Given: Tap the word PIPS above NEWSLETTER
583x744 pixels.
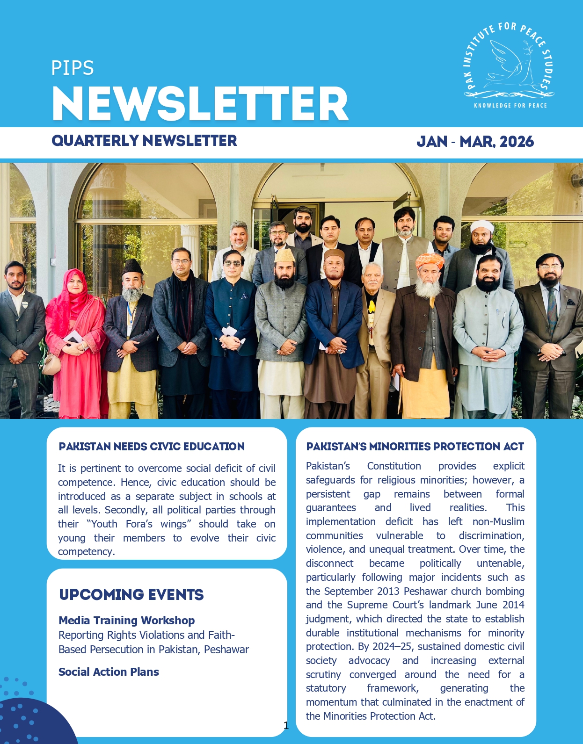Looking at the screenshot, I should pyautogui.click(x=73, y=68).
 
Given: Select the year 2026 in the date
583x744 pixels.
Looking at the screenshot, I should pyautogui.click(x=517, y=142).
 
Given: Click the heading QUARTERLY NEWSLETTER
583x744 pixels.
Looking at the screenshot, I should pyautogui.click(x=144, y=141).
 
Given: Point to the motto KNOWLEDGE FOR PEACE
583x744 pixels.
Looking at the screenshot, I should pyautogui.click(x=510, y=106).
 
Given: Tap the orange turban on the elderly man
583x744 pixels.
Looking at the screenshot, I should pyautogui.click(x=429, y=260).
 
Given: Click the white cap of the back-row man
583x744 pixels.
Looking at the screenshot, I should pyautogui.click(x=481, y=227).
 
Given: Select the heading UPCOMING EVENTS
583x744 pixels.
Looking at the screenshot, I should pyautogui.click(x=131, y=595).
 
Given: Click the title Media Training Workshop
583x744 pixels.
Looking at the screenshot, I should pyautogui.click(x=126, y=621).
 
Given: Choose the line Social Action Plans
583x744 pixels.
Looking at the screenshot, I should pyautogui.click(x=109, y=672).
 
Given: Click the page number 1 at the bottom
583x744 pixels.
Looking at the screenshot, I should pyautogui.click(x=286, y=725).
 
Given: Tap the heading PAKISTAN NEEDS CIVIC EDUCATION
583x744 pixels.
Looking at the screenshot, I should pyautogui.click(x=152, y=447).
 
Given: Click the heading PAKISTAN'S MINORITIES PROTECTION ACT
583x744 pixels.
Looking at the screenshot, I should pyautogui.click(x=415, y=447).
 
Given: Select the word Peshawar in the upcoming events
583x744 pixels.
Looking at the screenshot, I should pyautogui.click(x=226, y=650).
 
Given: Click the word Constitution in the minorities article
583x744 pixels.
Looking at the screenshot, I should pyautogui.click(x=394, y=466).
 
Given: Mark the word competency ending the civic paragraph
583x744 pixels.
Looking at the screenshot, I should pyautogui.click(x=86, y=552).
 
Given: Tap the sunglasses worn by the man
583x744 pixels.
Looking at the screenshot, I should pyautogui.click(x=233, y=263).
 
